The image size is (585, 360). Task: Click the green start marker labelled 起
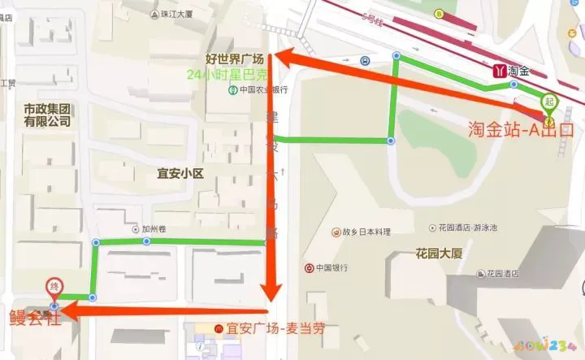coord(549,102)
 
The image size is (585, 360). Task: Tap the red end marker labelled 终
coord(54,287)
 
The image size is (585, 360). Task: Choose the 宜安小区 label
coord(179,172)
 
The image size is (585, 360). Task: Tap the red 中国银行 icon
coord(310,267)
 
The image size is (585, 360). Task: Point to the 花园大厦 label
coord(439,253)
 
